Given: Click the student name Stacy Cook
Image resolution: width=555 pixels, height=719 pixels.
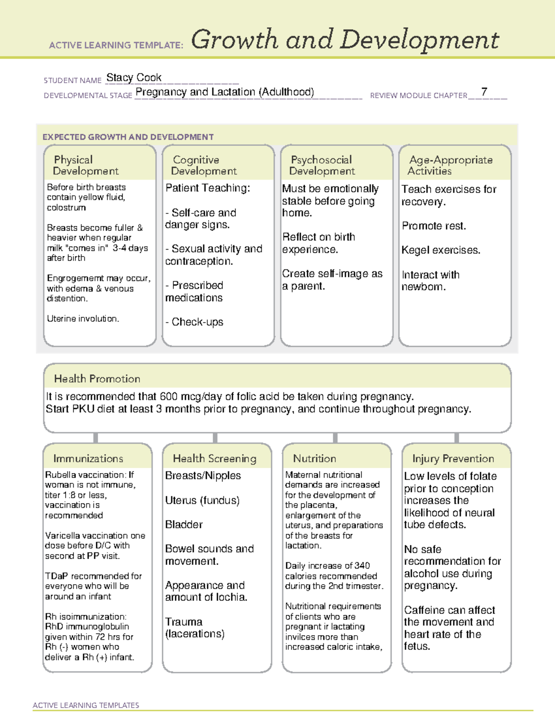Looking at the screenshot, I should [x=134, y=78].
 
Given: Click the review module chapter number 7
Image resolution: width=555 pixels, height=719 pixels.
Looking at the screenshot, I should [x=484, y=92].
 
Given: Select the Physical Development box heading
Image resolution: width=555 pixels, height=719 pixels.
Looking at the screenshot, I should [x=86, y=165].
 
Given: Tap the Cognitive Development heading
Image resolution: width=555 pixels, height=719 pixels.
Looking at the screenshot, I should [x=203, y=165].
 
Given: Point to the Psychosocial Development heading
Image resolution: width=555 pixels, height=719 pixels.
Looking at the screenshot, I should [x=321, y=165].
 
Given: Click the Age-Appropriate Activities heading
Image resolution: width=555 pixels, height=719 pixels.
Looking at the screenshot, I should [x=450, y=165].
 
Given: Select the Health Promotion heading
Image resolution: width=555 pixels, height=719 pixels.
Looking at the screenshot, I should [x=97, y=379].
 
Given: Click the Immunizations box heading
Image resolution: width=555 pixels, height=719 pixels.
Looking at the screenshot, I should [x=88, y=458].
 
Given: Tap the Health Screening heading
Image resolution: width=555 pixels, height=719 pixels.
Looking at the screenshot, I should [x=214, y=458].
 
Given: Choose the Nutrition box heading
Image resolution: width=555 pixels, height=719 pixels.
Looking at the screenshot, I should [x=314, y=458].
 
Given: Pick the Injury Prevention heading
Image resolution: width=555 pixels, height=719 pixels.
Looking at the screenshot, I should [x=453, y=458].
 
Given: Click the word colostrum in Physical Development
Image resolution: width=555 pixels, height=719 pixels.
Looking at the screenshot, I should [x=66, y=207].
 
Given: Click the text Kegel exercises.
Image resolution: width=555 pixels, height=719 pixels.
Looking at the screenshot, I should [x=441, y=250].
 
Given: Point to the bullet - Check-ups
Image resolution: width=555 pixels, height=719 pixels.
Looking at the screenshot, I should [x=195, y=322].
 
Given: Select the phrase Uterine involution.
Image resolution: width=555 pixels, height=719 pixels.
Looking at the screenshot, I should [x=83, y=319].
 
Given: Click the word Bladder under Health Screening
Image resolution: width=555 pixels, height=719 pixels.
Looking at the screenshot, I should [x=184, y=525].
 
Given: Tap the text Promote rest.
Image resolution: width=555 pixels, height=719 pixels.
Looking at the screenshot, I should [x=434, y=226].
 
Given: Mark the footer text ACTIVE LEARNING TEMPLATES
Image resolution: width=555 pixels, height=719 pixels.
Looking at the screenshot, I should [x=86, y=705].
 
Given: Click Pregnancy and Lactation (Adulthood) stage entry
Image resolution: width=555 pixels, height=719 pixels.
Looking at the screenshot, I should [x=225, y=92].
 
